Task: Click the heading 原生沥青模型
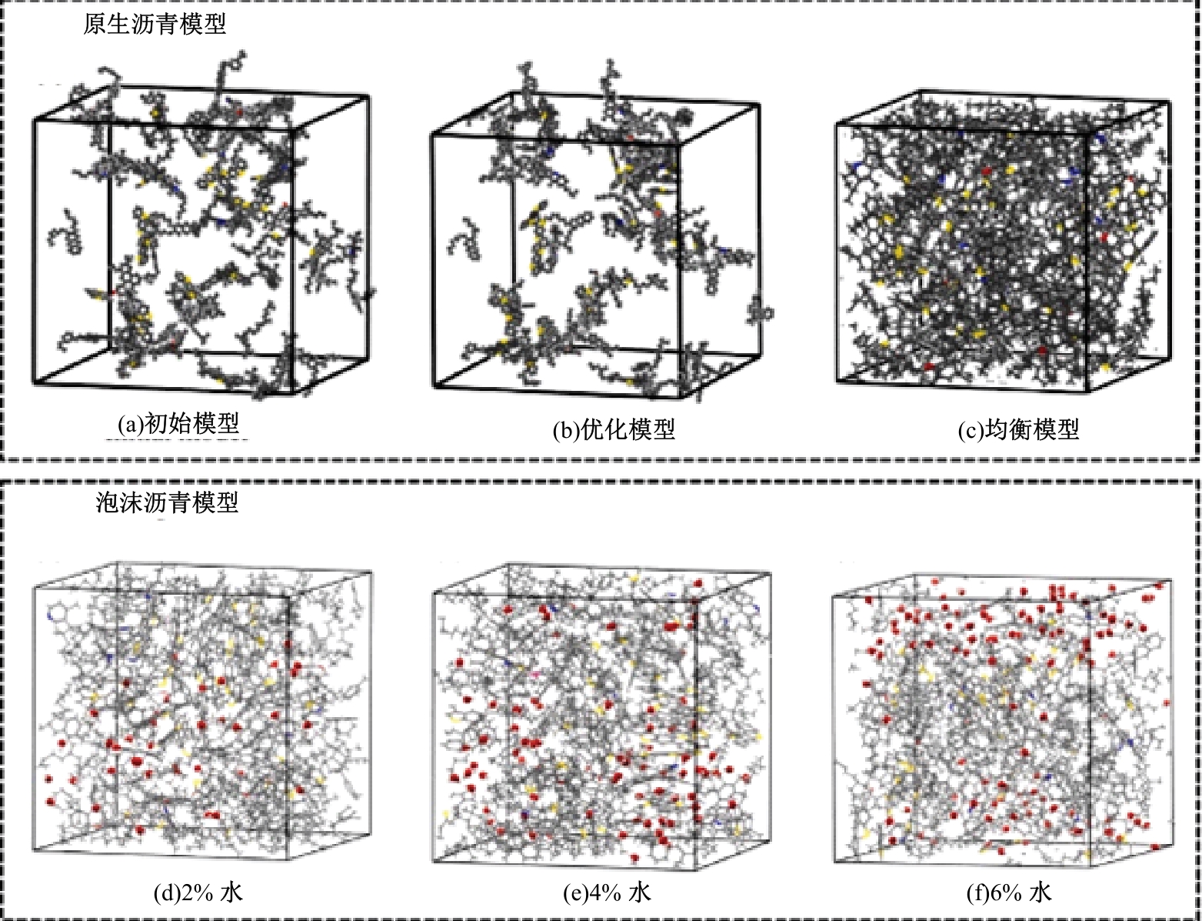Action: (155, 24)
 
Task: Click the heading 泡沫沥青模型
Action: (167, 502)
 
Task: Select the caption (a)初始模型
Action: (178, 424)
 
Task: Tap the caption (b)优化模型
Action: (614, 430)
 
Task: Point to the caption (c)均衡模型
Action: (1019, 430)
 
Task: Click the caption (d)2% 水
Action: (198, 893)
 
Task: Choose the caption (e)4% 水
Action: (608, 893)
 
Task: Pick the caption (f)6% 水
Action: (1009, 893)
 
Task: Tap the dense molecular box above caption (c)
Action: (1004, 242)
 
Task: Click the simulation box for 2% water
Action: (202, 712)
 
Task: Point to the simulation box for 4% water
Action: (602, 712)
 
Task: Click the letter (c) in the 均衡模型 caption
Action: (971, 430)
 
